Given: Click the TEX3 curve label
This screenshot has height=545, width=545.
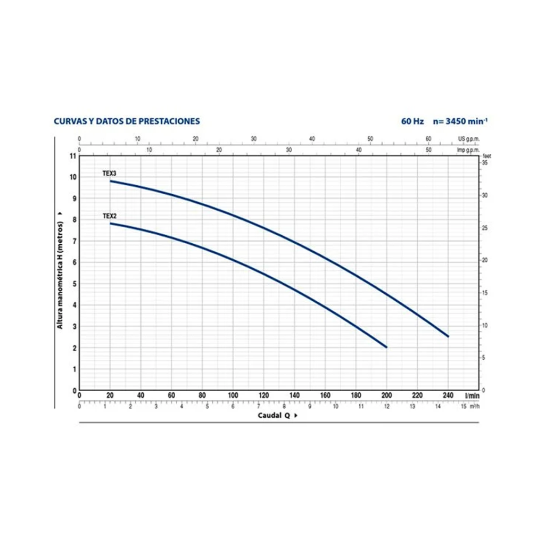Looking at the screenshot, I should tap(109, 174).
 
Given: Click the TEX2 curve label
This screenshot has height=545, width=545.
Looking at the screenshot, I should tap(109, 216).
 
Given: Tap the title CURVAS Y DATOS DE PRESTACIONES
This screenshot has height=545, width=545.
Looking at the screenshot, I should tap(127, 121).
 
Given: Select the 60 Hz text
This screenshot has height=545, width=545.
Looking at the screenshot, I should tap(412, 121).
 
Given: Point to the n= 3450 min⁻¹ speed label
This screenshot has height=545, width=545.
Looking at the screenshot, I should tap(460, 121).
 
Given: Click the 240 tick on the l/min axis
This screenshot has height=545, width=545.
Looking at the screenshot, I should tap(448, 395).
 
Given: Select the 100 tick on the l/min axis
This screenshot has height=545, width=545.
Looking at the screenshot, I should tap(233, 395).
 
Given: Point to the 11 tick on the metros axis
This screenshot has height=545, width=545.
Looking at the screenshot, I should tap(73, 156).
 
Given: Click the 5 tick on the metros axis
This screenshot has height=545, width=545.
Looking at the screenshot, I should tap(75, 284).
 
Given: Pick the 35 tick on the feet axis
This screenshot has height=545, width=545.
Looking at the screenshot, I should tap(485, 163).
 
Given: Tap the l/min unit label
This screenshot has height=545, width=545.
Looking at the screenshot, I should tap(471, 395).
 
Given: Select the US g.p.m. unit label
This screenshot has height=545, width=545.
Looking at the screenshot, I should tap(469, 138).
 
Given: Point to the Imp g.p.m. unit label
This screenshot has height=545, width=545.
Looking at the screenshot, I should tap(469, 150).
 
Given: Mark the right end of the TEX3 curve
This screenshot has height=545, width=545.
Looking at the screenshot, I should tap(448, 336).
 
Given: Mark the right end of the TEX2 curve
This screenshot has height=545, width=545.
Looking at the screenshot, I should tap(386, 347).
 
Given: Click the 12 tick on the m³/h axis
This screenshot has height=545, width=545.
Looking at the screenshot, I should tap(386, 406).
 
